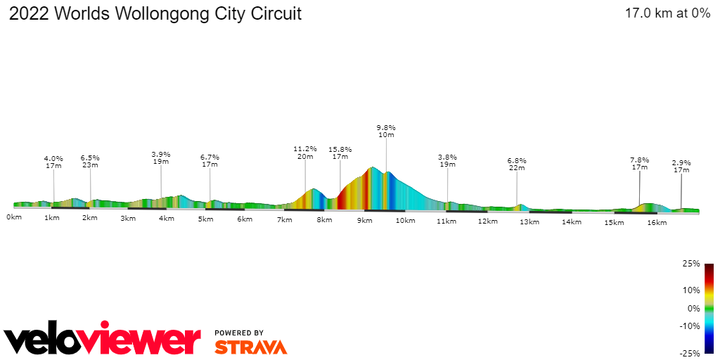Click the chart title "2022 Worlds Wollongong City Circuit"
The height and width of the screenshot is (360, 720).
point(155,14)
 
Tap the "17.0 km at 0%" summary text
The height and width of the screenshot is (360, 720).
point(667,13)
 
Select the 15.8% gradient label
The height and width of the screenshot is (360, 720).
point(340,150)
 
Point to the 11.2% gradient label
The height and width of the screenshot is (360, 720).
point(305,149)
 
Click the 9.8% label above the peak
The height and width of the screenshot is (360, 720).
point(385,127)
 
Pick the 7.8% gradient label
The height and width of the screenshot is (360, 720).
point(639,160)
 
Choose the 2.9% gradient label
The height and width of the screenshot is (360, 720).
point(681,162)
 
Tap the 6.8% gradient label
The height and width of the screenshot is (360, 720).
point(517,160)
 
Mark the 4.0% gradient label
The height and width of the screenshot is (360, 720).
point(53,159)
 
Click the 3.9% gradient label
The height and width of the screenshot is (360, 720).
point(161,154)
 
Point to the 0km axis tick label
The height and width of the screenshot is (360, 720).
point(14,217)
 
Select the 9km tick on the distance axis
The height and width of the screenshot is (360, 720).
point(364,221)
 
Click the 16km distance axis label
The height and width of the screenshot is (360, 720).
point(657,222)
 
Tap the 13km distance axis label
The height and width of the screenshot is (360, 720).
point(529,222)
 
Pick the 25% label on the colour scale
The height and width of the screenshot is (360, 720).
point(691,264)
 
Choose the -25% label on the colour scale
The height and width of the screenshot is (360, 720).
point(690,354)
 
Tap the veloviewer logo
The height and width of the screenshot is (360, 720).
point(103,340)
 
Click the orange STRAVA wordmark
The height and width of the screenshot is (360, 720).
point(250,347)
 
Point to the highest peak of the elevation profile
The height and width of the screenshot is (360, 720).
point(373,167)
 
